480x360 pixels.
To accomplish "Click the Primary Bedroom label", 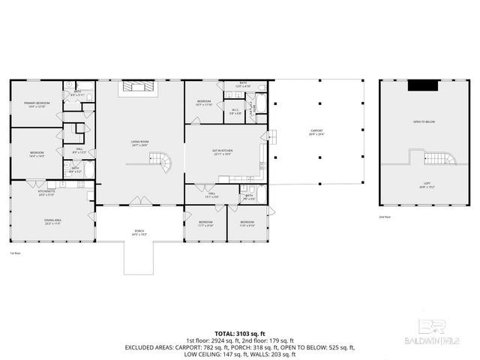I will pyautogui.click(x=35, y=105).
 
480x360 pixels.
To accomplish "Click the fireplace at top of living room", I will pyautogui.click(x=139, y=87).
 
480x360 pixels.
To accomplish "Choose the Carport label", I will pyautogui.click(x=316, y=132).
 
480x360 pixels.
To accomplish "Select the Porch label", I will pyautogui.click(x=139, y=234).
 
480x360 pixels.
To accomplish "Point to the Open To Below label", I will pyautogui.click(x=424, y=121).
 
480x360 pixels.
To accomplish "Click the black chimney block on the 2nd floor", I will pyautogui.click(x=424, y=85).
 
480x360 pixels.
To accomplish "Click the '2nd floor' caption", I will pyautogui.click(x=385, y=217).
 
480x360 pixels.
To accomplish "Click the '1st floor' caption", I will pyautogui.click(x=14, y=253).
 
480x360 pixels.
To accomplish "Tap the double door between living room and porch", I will pyautogui.click(x=139, y=201).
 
